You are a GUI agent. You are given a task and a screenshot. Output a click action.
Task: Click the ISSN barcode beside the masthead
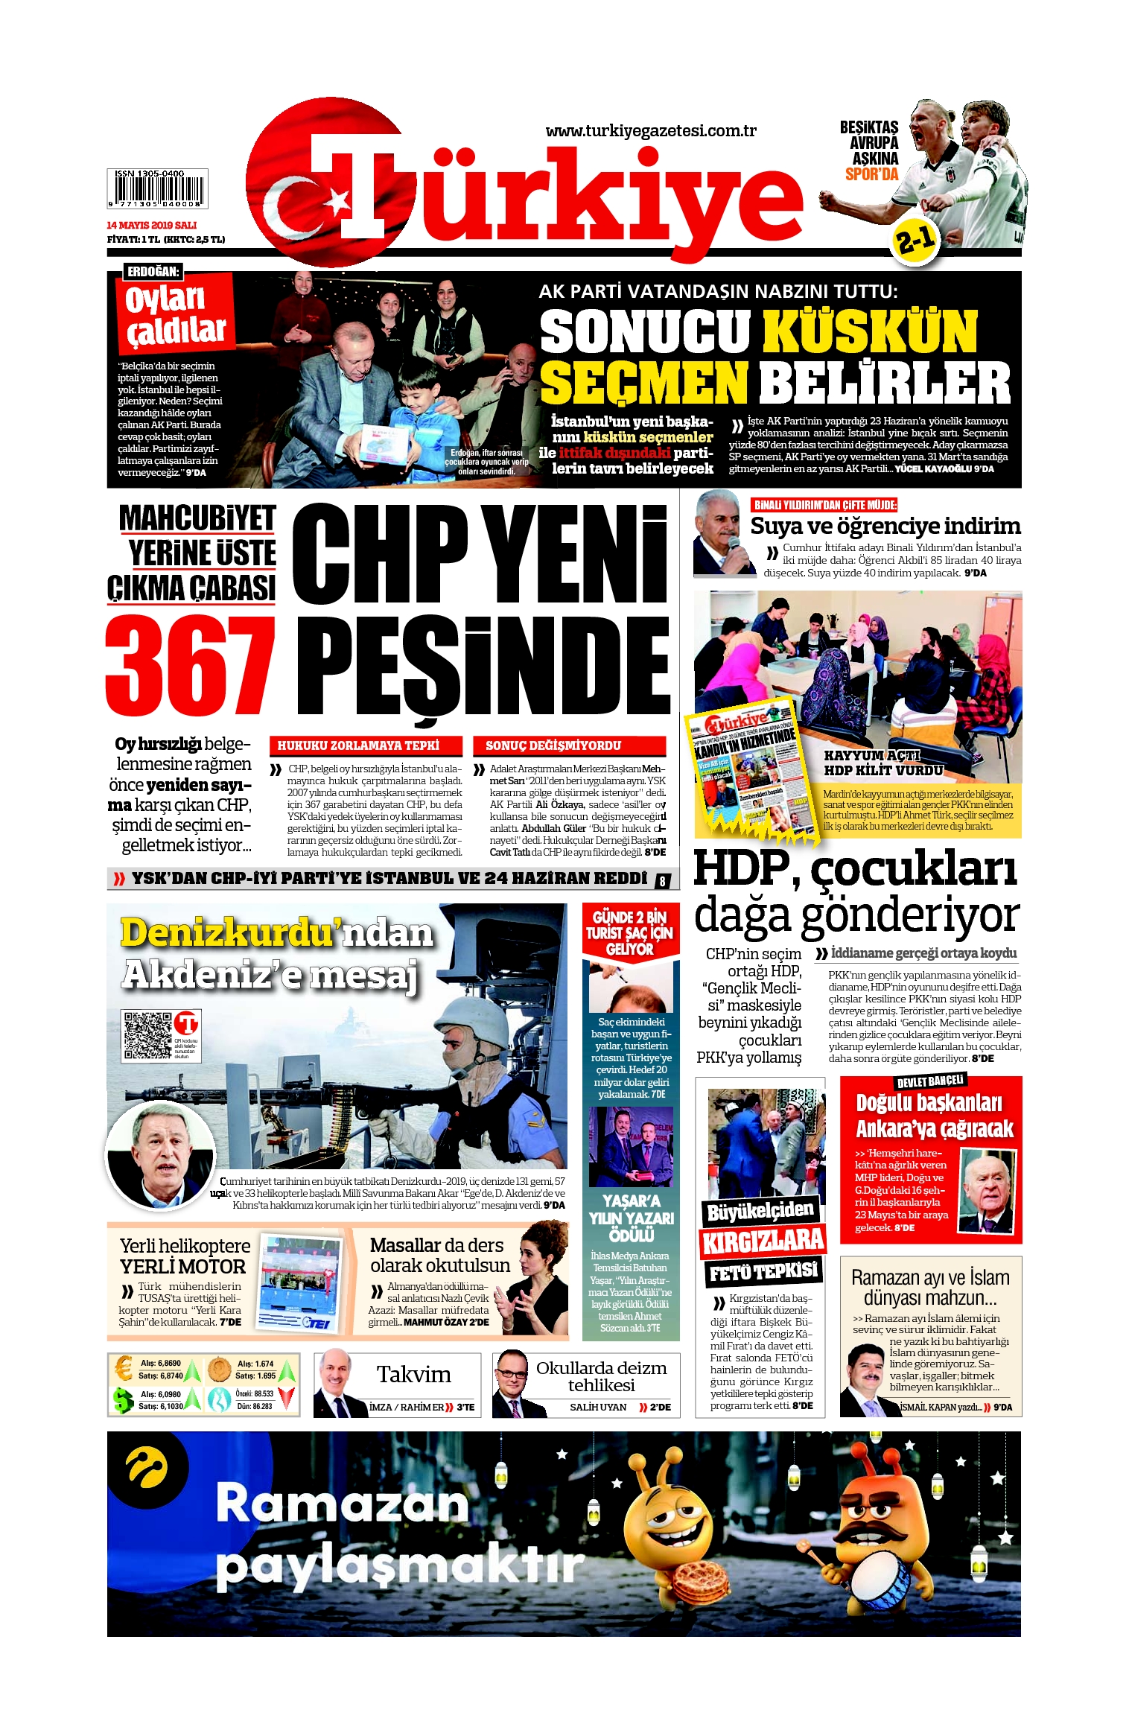(x=157, y=189)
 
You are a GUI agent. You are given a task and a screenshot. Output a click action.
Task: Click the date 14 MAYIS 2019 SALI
(x=152, y=225)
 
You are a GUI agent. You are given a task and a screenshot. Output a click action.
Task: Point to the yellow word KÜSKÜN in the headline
(x=869, y=332)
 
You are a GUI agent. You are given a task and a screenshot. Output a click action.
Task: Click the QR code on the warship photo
(x=147, y=1034)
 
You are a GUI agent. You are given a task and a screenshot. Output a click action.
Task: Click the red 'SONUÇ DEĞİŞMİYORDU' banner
(x=568, y=745)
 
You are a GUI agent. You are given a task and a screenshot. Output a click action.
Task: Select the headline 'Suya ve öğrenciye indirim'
(x=885, y=526)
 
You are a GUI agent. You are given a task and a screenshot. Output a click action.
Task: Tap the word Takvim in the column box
(x=413, y=1374)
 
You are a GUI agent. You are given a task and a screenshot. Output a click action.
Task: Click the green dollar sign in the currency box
(x=122, y=1400)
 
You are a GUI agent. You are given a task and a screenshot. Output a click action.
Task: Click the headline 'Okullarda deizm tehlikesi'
(x=601, y=1376)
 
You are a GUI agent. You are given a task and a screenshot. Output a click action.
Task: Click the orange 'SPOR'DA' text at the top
(x=871, y=174)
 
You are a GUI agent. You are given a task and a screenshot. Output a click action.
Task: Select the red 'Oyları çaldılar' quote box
(x=176, y=313)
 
